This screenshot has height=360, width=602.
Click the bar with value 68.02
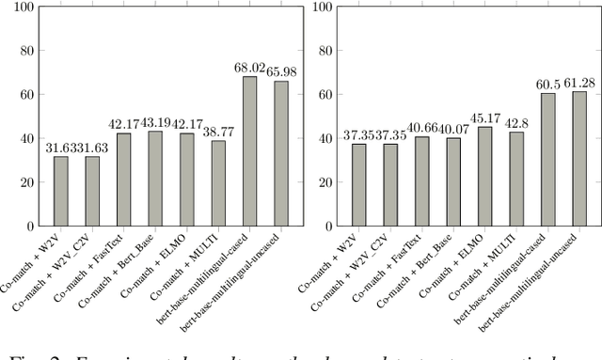[x=249, y=151]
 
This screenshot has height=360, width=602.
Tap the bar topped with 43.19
[x=155, y=179]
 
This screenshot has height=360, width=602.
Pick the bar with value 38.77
[x=218, y=183]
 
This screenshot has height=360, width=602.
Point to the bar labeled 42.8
[x=517, y=180]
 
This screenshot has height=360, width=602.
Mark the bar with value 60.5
[x=548, y=160]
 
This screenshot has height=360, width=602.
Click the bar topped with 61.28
[x=579, y=159]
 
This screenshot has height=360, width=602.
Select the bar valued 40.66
[x=422, y=181]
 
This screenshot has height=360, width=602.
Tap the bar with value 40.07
[x=454, y=182]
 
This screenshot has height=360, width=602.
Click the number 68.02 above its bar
[x=249, y=68]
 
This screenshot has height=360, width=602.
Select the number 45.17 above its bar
[x=485, y=118]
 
